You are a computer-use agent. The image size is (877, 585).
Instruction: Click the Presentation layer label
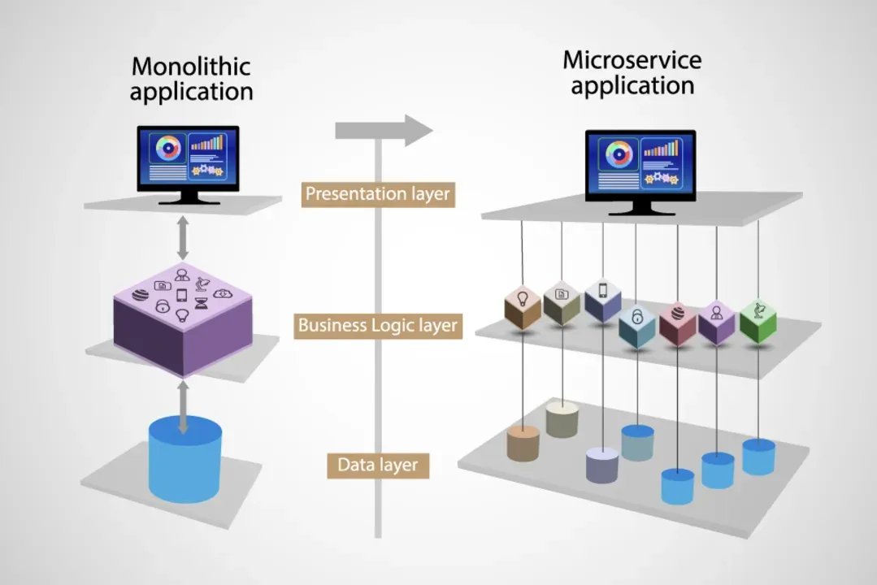tap(378, 195)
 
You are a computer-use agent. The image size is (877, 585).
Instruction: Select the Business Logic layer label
tap(378, 326)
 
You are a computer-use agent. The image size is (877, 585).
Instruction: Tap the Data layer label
tap(378, 466)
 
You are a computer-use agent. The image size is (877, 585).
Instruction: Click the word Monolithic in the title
tap(191, 67)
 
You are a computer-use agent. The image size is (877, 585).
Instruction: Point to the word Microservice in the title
tap(632, 60)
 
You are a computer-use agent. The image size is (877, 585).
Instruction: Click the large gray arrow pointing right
tap(384, 130)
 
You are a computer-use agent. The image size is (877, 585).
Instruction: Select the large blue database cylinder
tap(185, 459)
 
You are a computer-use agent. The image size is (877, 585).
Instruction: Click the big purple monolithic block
tap(182, 319)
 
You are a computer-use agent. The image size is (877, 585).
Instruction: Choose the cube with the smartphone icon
tap(603, 301)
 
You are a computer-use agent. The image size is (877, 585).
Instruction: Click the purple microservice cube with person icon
tap(717, 322)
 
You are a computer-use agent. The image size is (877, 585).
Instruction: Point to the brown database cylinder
tap(523, 444)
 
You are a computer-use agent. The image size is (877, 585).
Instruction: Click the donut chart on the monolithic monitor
tap(167, 149)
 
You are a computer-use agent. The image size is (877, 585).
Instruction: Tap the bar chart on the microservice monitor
tap(661, 148)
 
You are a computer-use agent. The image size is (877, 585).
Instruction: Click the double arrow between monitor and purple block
tap(183, 238)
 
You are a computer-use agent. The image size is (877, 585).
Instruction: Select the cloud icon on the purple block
tap(222, 293)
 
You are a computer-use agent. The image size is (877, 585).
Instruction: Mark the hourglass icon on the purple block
tap(202, 304)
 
